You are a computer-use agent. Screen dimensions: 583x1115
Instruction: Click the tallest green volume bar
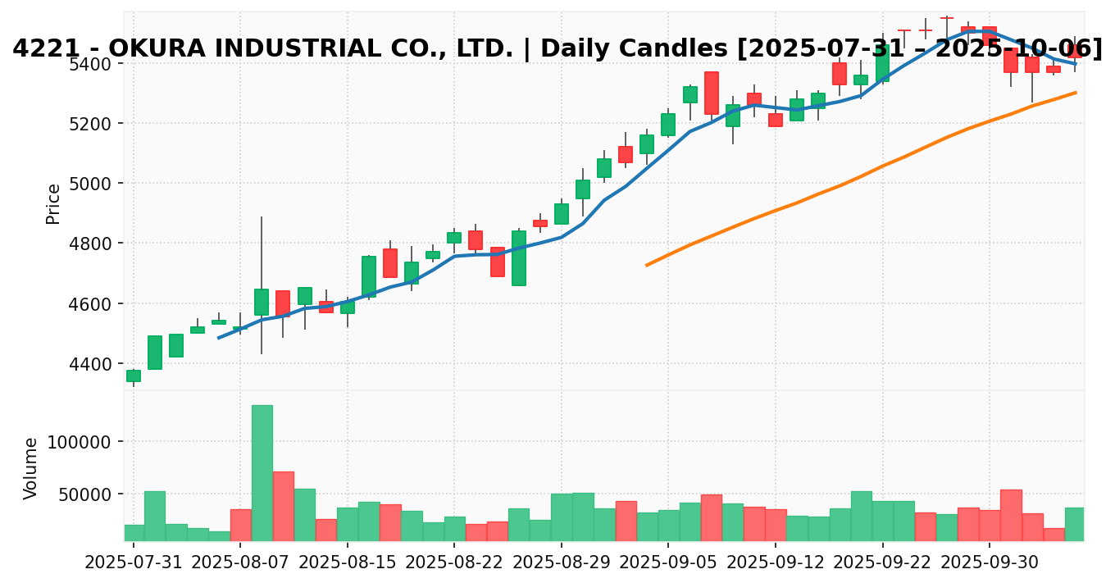point(262,472)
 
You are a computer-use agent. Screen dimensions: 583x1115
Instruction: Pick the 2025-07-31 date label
point(134,565)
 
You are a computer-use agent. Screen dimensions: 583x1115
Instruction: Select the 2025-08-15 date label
point(348,565)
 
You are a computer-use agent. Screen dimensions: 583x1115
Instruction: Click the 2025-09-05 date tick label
point(668,565)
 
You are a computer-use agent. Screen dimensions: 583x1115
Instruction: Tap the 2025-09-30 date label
point(990,565)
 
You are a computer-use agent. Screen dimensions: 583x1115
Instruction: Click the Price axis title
point(54,203)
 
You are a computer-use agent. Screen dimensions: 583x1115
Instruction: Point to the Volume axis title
point(31,467)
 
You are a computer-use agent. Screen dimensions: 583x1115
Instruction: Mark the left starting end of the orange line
point(647,265)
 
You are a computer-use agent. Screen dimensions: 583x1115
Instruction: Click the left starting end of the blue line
point(218,337)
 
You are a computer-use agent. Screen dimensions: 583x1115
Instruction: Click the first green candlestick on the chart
point(134,376)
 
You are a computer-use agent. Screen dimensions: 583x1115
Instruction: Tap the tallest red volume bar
point(284,506)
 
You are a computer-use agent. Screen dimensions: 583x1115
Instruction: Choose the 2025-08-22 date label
point(454,565)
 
